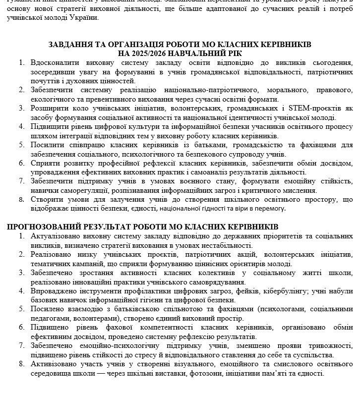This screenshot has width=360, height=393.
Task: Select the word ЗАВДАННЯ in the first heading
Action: coord(70,44)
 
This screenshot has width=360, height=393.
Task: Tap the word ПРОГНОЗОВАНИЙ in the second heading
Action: coord(40,226)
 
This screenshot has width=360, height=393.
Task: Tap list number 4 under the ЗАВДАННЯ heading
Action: coord(21,126)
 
